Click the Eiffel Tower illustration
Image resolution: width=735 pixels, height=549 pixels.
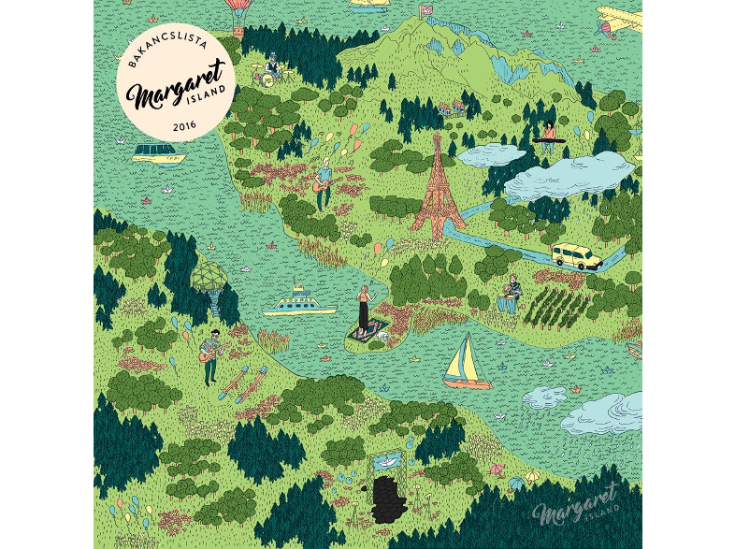click(437, 187)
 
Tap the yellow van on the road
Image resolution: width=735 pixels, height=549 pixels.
click(575, 255)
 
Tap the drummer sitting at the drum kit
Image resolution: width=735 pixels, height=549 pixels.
click(272, 67)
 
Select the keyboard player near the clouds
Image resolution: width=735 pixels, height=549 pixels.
click(549, 134)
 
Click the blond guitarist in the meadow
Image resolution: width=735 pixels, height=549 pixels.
click(324, 183)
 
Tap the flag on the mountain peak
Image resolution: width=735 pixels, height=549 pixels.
click(426, 10)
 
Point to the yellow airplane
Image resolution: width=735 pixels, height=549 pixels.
click(618, 22)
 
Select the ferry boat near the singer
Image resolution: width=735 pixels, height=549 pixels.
click(298, 303)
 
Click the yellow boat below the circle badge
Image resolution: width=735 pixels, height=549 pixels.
click(159, 153)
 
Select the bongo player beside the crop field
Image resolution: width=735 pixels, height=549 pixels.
click(510, 294)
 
